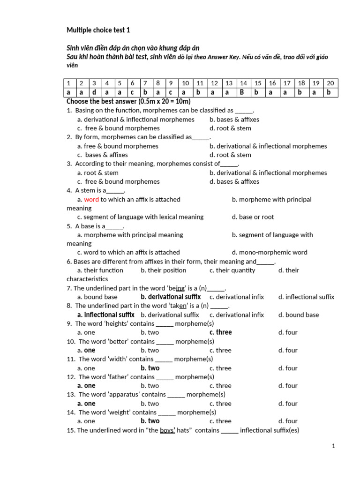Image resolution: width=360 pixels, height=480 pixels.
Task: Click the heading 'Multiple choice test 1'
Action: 98,30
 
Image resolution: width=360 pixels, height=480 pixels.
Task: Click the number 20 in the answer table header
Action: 330,83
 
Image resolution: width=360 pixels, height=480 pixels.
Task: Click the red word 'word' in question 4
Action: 91,199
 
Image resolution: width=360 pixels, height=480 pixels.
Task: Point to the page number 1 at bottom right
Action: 333,446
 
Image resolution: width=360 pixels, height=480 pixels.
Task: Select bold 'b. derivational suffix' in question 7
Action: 171,297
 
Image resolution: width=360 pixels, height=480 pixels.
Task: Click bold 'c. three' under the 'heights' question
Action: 221,332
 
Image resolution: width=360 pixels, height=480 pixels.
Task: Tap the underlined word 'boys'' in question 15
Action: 167,430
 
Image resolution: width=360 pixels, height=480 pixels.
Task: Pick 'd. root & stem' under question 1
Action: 230,128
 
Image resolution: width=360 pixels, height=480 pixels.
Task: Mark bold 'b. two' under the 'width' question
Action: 150,368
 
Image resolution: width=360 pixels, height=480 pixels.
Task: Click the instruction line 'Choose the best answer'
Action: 128,102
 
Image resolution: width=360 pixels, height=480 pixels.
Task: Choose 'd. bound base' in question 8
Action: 298,315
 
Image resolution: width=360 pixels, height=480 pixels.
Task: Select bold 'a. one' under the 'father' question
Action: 86,386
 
